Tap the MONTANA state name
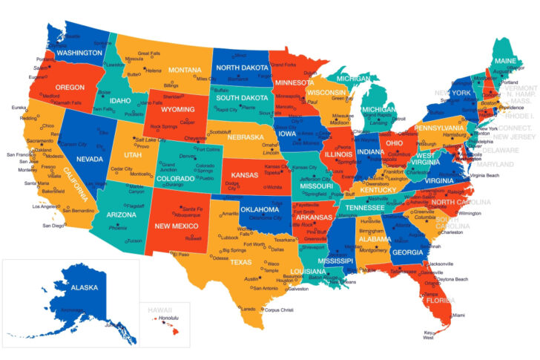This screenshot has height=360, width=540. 185,70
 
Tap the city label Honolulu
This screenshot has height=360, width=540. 171,318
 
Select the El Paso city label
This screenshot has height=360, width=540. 181,254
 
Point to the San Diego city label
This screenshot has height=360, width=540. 53,226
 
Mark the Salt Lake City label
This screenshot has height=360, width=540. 151,140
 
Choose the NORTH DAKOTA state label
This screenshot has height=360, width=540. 243,67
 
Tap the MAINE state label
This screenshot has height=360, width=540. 504,60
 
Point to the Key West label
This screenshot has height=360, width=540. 429,336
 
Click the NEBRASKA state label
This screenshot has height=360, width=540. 246,137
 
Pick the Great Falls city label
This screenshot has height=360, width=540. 151,53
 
